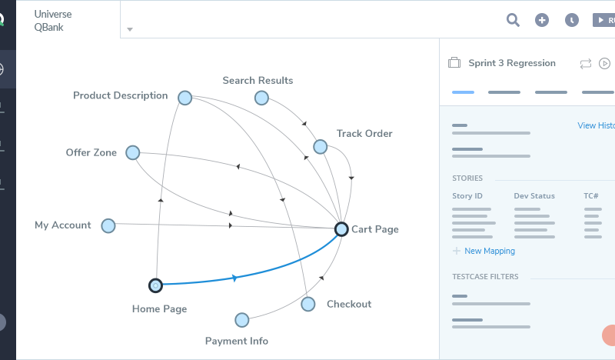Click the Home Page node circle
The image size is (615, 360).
155,285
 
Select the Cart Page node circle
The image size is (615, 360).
341,228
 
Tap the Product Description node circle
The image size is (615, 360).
184,97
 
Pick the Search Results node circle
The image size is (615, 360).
261,98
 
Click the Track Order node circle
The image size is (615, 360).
320,146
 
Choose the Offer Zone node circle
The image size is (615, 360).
132,153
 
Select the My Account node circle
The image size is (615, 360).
108,225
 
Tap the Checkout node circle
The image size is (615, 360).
308,304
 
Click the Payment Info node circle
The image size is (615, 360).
242,320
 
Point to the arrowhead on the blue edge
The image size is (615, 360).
234,278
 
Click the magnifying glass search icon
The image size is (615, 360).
513,19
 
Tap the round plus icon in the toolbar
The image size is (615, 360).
542,20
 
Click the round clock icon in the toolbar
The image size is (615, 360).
571,20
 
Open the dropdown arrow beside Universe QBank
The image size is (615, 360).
130,30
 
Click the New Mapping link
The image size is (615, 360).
490,251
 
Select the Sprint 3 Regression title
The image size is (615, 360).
512,63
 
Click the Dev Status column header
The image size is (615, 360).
534,196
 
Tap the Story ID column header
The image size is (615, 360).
467,196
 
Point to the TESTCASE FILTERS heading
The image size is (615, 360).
485,276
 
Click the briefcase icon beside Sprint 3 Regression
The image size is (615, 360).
454,63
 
